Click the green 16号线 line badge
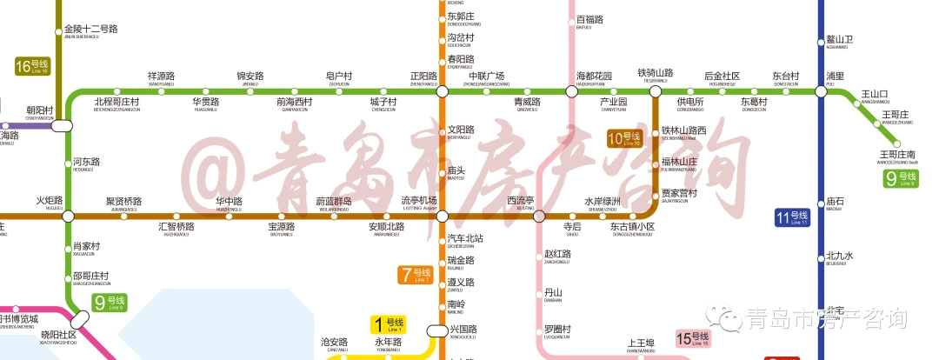(x=33, y=66)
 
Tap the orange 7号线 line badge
(x=416, y=275)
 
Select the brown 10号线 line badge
(x=623, y=137)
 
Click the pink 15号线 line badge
(x=694, y=338)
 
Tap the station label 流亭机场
(x=418, y=202)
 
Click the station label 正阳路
(x=423, y=77)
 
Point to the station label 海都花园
(x=594, y=77)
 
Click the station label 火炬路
(x=50, y=201)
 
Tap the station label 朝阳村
(x=40, y=111)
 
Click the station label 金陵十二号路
(x=90, y=30)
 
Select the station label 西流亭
(x=520, y=202)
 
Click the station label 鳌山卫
(x=840, y=40)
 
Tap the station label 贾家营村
(x=679, y=193)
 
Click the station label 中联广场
(x=487, y=77)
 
